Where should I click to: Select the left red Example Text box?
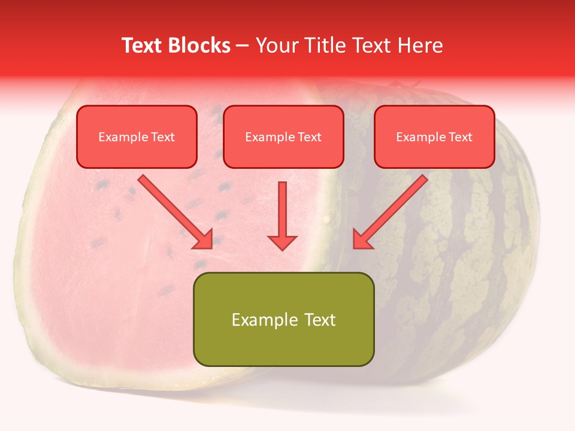pyautogui.click(x=137, y=136)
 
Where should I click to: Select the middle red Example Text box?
pyautogui.click(x=283, y=136)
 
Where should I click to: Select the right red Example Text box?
pyautogui.click(x=434, y=136)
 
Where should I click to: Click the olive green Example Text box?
pyautogui.click(x=283, y=319)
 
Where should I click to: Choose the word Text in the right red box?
pyautogui.click(x=460, y=137)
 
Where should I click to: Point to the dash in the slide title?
pyautogui.click(x=243, y=46)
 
